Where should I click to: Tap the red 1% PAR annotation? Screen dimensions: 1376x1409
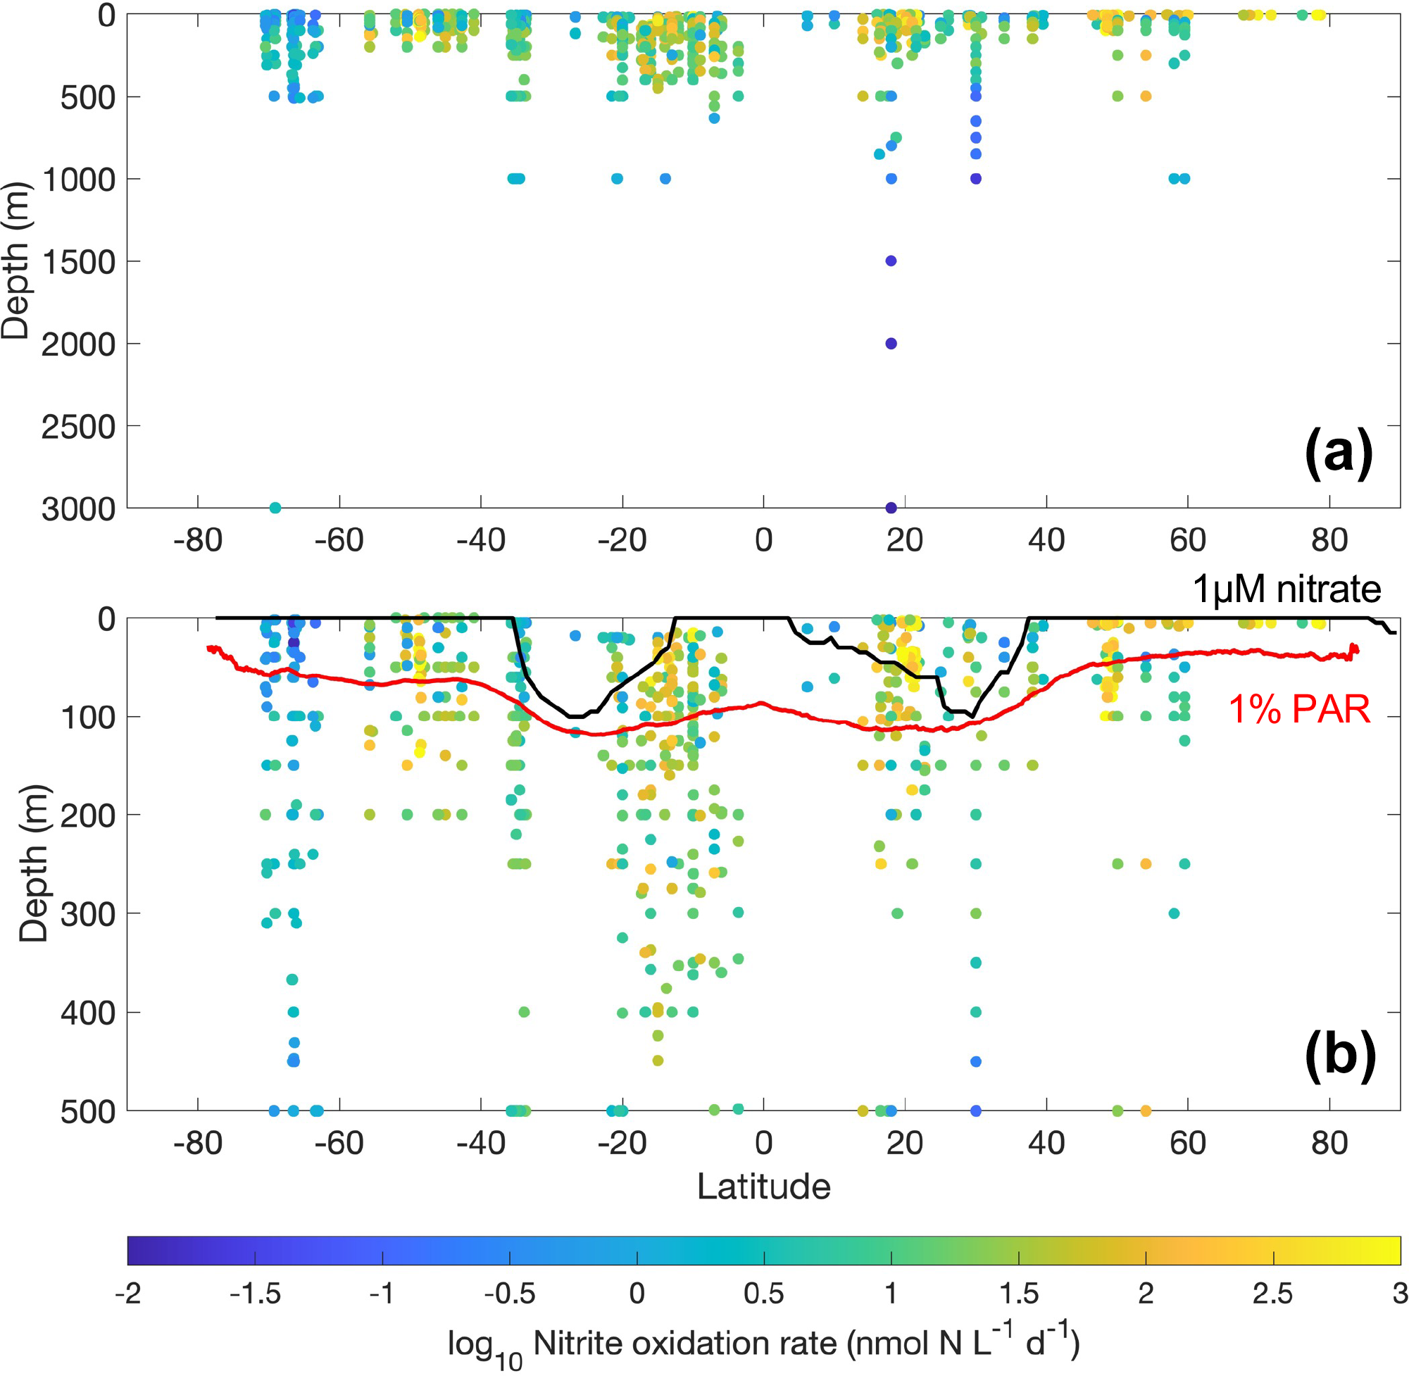click(1299, 710)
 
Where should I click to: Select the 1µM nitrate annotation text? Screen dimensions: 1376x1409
click(1287, 589)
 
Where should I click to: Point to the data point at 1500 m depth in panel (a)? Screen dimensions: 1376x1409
click(891, 261)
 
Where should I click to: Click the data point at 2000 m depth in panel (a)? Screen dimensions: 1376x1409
click(891, 343)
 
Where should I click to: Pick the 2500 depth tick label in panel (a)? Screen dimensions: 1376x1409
click(78, 427)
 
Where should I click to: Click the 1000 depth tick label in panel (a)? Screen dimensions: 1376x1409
click(78, 180)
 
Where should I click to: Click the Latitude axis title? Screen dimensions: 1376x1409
click(764, 1187)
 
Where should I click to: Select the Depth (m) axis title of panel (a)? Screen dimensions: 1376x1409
click(16, 261)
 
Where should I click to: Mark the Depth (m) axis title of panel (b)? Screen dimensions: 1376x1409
click(33, 863)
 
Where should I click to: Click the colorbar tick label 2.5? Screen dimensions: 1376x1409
click(1272, 1294)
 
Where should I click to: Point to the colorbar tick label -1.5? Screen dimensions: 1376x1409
click(254, 1294)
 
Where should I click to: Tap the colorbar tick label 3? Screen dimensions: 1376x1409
click(1400, 1294)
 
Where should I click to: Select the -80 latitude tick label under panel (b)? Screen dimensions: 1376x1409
click(197, 1144)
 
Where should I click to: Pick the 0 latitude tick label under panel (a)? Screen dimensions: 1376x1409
click(764, 541)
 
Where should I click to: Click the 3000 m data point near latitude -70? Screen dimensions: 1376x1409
click(275, 508)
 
